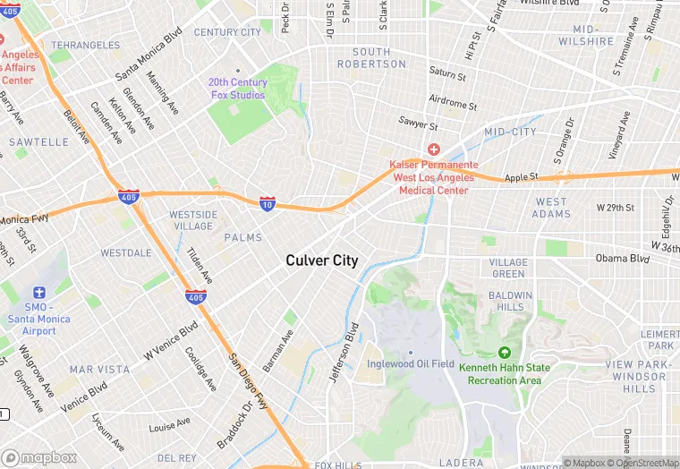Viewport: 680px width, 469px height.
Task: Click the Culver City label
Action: (x=321, y=260)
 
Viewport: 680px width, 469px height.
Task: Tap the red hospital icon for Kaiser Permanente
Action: (x=433, y=149)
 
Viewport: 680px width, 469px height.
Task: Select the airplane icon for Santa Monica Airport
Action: (x=38, y=293)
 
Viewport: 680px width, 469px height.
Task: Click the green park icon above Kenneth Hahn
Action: (x=504, y=354)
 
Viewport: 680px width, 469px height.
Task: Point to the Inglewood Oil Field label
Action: (x=411, y=363)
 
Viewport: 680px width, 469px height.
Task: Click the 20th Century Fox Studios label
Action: (x=237, y=89)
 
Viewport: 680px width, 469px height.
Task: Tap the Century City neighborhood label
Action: (x=227, y=32)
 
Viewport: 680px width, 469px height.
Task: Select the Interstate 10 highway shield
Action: (x=268, y=204)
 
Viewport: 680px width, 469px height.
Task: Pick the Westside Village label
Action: (x=193, y=220)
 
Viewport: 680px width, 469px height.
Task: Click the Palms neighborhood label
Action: (x=243, y=237)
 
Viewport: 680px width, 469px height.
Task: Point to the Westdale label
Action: (x=125, y=253)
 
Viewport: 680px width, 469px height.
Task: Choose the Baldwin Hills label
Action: (x=511, y=301)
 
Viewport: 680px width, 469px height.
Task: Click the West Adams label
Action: (x=551, y=208)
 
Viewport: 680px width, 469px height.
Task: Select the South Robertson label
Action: (x=371, y=58)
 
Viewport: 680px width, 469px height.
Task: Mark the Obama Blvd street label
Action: (x=622, y=259)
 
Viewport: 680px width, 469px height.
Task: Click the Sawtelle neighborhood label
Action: (x=39, y=141)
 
